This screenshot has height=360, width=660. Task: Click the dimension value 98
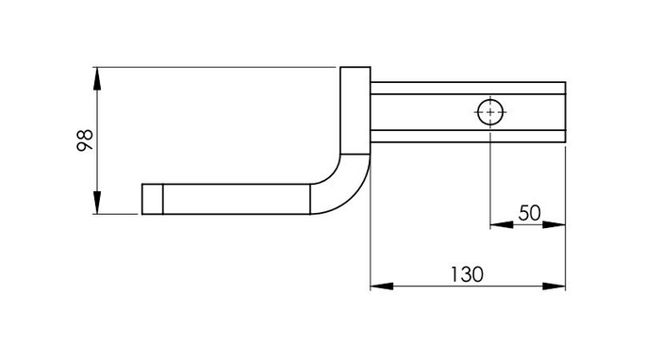[85, 140]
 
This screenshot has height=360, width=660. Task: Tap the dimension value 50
[529, 213]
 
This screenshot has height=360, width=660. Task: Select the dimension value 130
[468, 274]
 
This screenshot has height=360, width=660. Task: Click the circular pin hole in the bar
[490, 112]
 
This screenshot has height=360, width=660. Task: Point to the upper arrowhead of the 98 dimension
[97, 78]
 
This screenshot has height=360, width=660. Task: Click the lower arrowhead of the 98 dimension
[97, 203]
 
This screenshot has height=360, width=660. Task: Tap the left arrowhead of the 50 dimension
[502, 224]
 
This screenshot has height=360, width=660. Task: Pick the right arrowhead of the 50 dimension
[553, 224]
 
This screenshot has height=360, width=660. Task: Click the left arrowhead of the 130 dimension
[382, 286]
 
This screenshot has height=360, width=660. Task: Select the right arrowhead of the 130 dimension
[553, 286]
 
